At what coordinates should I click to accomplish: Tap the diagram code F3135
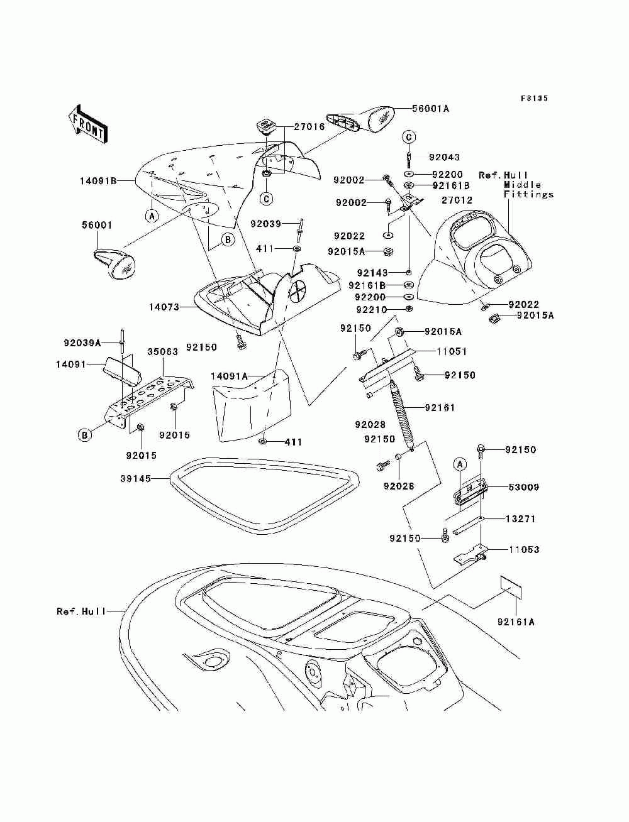click(x=534, y=98)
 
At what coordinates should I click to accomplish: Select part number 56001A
click(x=430, y=109)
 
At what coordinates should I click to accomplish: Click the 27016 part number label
click(x=309, y=126)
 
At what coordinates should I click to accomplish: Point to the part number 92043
click(x=444, y=157)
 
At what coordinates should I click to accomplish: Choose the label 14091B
click(x=98, y=181)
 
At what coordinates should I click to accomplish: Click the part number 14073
click(x=164, y=307)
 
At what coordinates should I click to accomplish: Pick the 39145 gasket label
click(x=136, y=479)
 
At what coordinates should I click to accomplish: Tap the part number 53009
click(x=524, y=487)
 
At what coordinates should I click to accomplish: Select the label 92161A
click(x=516, y=622)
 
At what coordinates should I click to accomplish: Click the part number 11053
click(x=524, y=550)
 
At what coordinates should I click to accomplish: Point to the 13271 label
click(x=520, y=519)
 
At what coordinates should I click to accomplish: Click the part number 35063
click(x=162, y=352)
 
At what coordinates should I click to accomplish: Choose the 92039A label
click(x=82, y=342)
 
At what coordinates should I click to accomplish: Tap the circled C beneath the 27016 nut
click(x=266, y=199)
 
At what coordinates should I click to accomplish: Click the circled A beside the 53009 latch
click(x=460, y=465)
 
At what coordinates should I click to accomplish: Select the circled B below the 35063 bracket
click(x=85, y=435)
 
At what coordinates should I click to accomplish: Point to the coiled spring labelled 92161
click(x=402, y=414)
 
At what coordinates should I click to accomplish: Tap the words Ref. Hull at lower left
click(x=81, y=611)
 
